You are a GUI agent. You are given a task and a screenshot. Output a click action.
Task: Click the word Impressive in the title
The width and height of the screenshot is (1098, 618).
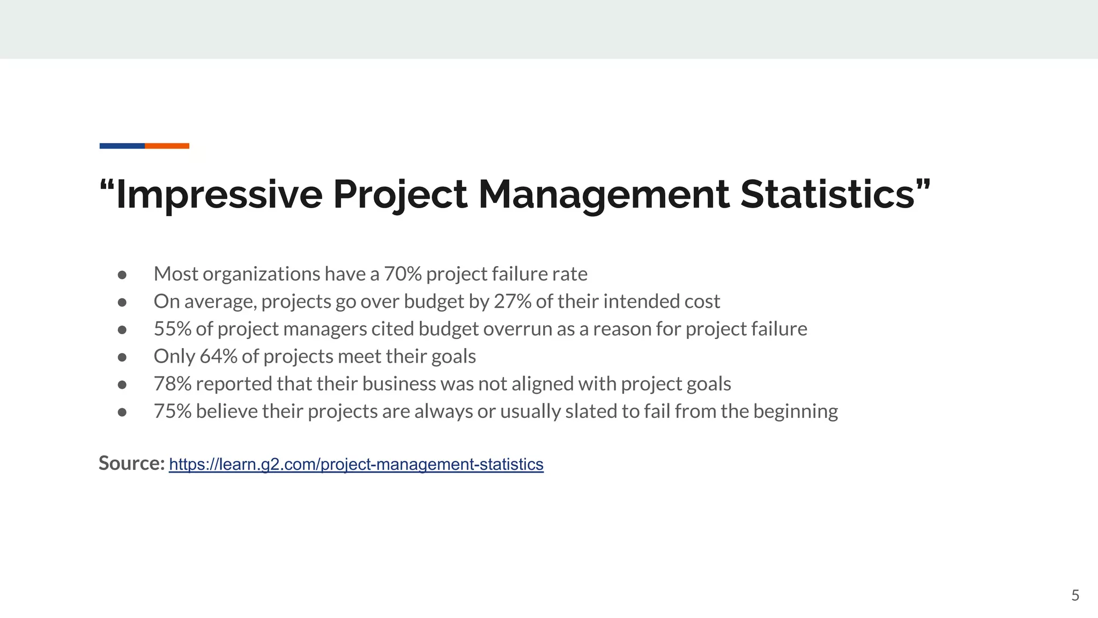[219, 194]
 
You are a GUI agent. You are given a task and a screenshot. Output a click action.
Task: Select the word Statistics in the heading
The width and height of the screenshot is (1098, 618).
[827, 194]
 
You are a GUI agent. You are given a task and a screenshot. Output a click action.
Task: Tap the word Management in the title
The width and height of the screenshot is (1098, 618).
[603, 194]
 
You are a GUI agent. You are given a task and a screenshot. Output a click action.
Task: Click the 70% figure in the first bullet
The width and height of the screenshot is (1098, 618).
[403, 274]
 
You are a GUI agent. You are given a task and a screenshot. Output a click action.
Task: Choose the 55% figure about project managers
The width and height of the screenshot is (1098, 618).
[172, 329]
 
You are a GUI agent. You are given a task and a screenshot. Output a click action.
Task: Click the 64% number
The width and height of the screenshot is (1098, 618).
[218, 356]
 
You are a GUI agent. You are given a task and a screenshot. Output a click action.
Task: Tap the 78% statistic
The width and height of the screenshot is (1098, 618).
[172, 384]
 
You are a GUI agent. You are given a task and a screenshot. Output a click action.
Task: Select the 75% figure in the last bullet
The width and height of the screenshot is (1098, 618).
[172, 411]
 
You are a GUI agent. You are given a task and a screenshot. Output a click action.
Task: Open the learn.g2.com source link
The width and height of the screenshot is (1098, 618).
[356, 464]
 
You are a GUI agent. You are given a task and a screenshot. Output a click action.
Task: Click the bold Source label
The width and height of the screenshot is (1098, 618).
[131, 463]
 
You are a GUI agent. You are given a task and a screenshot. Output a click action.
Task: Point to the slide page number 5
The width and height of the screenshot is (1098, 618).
[1075, 595]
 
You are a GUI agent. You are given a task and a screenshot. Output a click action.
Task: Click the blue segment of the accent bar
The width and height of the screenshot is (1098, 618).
[122, 146]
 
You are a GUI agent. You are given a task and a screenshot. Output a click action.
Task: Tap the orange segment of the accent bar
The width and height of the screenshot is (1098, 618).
[167, 146]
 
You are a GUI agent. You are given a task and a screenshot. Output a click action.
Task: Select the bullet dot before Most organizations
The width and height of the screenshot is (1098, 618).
[122, 275]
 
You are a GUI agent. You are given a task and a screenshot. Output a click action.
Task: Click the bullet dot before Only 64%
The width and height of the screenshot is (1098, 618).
[122, 357]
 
